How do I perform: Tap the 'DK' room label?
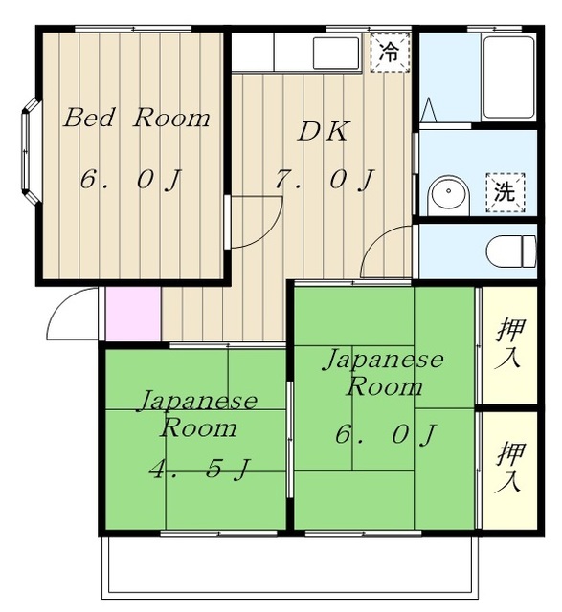[x=322, y=132]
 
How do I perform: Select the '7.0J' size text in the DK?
[x=323, y=179]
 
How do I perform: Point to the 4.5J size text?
[x=199, y=470]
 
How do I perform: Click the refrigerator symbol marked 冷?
[x=389, y=52]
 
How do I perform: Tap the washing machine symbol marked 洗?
[x=505, y=190]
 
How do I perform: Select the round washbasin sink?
[x=447, y=195]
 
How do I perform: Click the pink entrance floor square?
[x=132, y=311]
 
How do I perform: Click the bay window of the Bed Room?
[x=31, y=153]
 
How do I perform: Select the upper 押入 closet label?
[x=509, y=343]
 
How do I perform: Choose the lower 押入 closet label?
[x=509, y=467]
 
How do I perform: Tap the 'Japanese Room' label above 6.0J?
[x=382, y=373]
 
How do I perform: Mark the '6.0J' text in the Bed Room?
[x=132, y=179]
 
